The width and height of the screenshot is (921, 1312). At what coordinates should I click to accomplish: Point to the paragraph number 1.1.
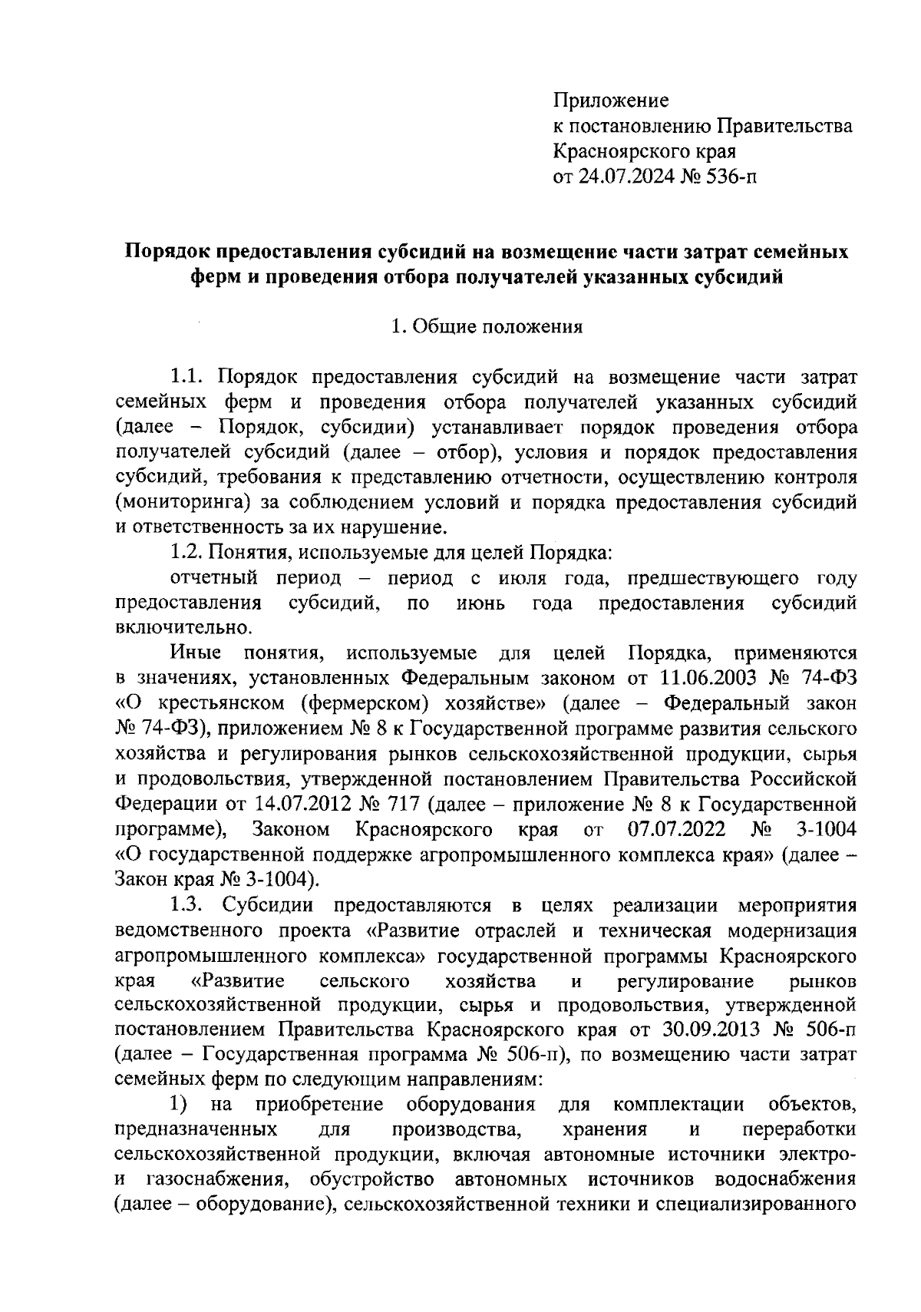[185, 377]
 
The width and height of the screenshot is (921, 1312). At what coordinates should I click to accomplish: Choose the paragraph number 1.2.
[185, 553]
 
